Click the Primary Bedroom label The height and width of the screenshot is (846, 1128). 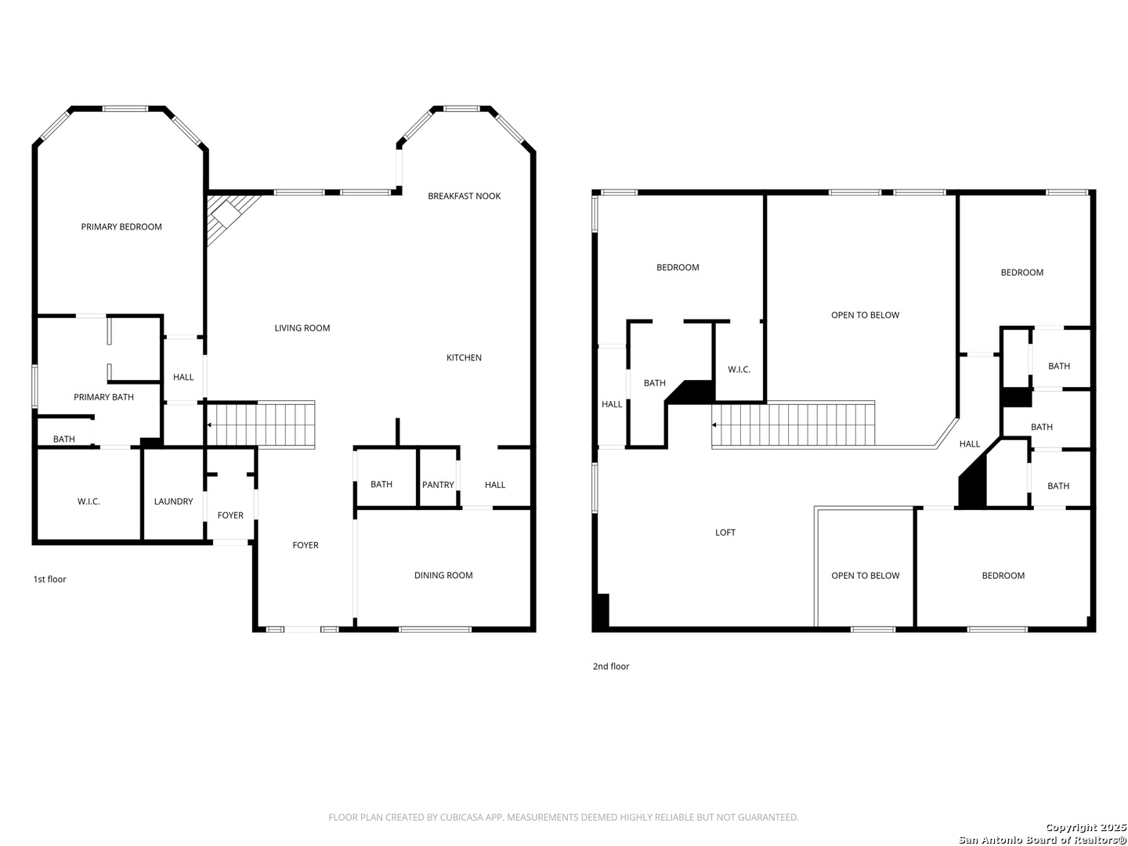pos(121,227)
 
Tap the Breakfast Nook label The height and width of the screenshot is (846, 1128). pos(464,196)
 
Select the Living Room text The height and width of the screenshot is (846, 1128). pos(302,328)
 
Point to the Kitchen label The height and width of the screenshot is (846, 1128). pos(464,358)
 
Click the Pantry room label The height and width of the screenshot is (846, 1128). pos(438,485)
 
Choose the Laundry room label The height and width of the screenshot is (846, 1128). pos(173,501)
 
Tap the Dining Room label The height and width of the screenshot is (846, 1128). pos(443,576)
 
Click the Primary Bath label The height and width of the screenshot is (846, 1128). pos(103,397)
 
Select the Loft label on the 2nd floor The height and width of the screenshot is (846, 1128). pos(725,533)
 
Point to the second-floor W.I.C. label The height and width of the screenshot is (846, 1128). pos(739,370)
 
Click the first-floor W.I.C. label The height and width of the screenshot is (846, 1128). pos(89,501)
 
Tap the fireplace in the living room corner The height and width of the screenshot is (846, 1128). pos(226,213)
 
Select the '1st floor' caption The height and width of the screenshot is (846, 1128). pos(49,580)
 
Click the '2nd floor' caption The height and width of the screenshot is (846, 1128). pos(610,667)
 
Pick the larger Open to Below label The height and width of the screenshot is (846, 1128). pos(865,316)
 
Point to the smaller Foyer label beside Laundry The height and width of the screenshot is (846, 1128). pos(230,515)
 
